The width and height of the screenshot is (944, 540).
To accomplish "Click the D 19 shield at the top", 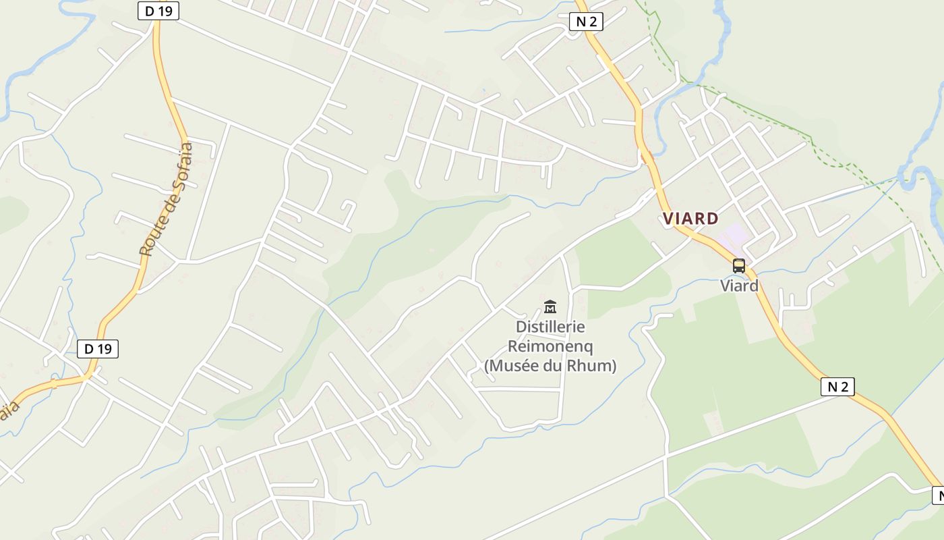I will click(158, 11).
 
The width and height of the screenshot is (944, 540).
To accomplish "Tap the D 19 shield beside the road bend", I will click(98, 349).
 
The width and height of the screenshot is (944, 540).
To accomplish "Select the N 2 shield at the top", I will click(586, 22).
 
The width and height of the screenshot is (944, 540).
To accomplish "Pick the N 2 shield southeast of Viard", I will click(837, 387).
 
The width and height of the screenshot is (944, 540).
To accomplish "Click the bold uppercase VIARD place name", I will click(690, 219).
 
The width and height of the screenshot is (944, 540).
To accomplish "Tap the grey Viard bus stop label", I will click(739, 286).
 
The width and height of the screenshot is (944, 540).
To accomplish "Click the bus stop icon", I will click(739, 265).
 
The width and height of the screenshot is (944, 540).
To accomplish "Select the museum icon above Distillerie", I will click(550, 307).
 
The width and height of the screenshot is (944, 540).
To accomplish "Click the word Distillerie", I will click(550, 327).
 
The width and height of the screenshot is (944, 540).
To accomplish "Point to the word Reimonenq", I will click(550, 346).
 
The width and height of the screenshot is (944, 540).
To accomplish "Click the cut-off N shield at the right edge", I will click(938, 495).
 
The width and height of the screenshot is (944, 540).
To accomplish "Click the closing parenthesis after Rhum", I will click(613, 366).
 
